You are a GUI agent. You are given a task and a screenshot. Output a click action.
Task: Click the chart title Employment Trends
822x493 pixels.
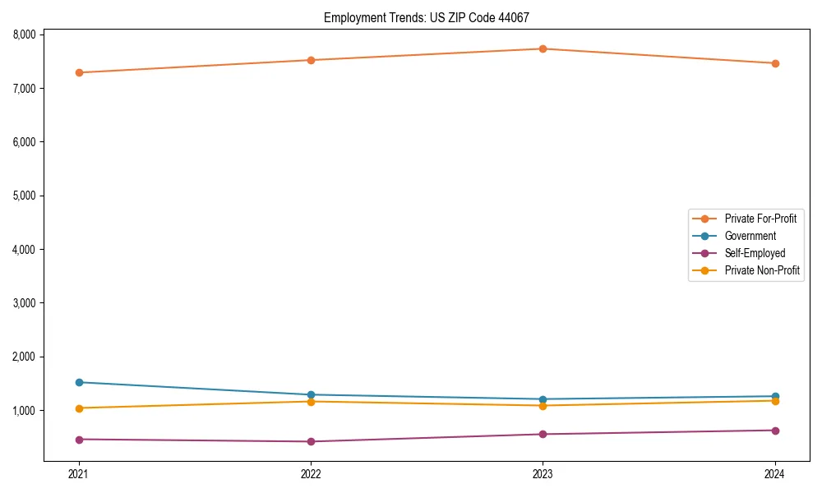[x=432, y=17]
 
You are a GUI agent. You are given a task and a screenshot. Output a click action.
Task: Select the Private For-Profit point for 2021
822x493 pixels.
[x=79, y=72]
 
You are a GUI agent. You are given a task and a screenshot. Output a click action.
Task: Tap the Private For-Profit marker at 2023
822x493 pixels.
[x=543, y=48]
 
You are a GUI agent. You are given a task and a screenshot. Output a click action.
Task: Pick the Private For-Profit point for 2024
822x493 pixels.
[x=775, y=63]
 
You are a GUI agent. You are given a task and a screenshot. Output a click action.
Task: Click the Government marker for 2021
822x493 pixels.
[x=79, y=382]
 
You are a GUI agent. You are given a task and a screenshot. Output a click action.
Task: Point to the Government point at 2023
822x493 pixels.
[x=543, y=399]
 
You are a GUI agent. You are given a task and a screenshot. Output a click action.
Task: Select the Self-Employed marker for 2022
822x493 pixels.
[x=311, y=441]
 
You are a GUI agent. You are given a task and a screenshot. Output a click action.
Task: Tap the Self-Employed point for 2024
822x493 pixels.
[x=775, y=431]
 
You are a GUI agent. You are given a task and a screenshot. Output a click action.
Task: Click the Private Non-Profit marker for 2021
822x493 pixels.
[x=79, y=408]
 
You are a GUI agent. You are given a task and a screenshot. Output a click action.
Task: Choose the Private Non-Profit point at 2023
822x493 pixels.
[x=543, y=406]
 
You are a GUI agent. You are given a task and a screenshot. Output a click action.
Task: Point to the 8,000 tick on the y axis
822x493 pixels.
[x=24, y=35]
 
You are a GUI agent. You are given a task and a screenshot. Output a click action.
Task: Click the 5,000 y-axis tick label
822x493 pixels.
[x=24, y=196]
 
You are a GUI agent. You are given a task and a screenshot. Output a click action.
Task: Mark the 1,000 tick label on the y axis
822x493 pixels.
[x=24, y=411]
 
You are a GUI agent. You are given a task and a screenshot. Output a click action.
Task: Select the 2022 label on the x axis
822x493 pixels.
[x=311, y=474]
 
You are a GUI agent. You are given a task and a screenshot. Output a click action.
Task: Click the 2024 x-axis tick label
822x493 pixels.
[x=775, y=474]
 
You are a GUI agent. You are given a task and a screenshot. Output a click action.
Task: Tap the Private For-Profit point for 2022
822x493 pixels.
[x=311, y=60]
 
